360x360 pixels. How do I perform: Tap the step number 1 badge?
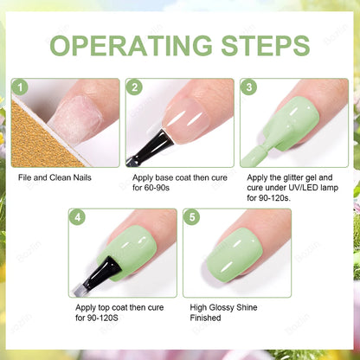tap(20, 88)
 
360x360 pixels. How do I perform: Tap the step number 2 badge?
tap(133, 88)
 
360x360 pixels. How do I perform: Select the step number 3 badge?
tap(249, 88)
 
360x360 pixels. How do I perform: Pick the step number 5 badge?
tap(192, 218)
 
